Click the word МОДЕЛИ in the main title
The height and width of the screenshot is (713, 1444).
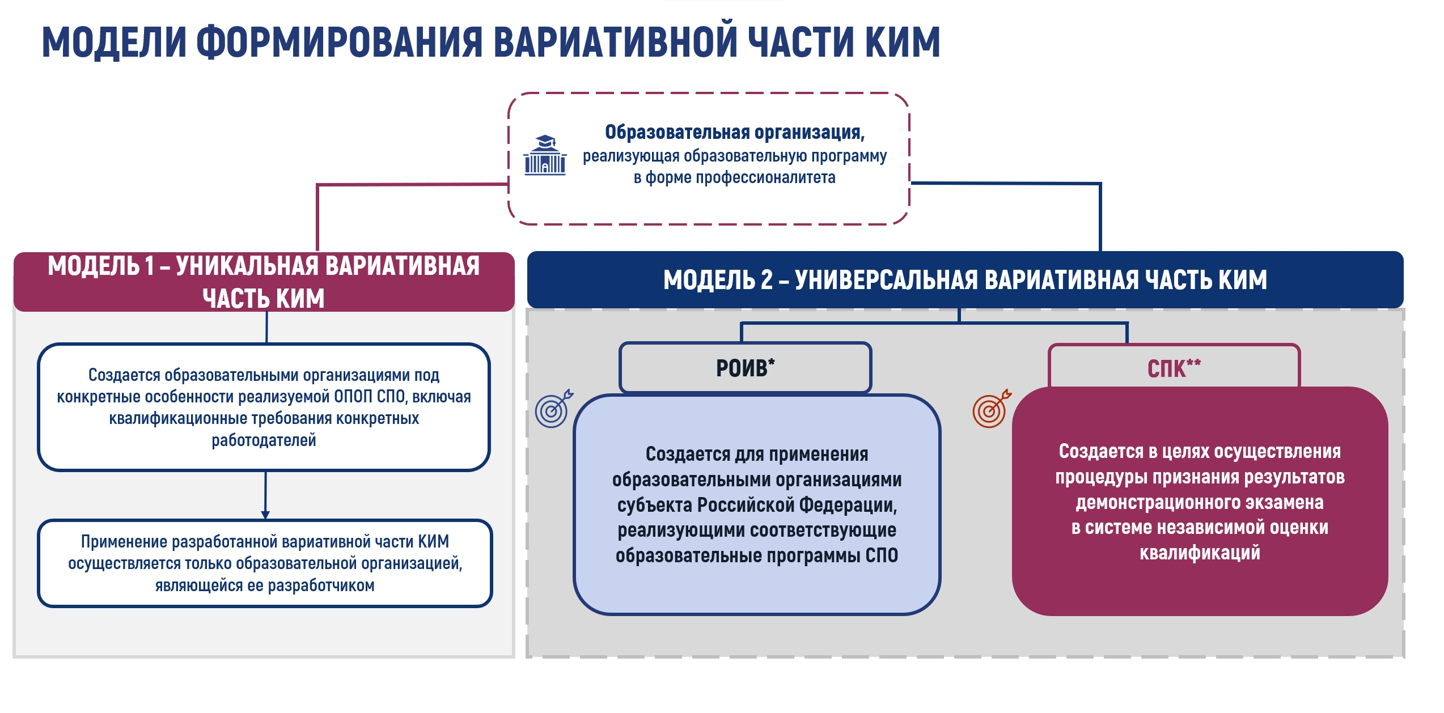tap(114, 43)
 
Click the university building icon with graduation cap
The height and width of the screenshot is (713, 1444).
tap(545, 155)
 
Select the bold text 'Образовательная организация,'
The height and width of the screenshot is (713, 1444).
tap(735, 132)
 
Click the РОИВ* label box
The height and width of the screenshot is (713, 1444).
tap(745, 367)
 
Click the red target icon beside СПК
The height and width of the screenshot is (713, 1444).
tap(992, 408)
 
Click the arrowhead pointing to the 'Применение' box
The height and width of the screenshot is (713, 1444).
tap(265, 515)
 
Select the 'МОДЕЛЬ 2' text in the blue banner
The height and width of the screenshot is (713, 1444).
tap(718, 280)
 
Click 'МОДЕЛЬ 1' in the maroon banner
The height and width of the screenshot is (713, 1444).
tap(101, 266)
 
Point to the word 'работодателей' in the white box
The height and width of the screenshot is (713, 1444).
tap(264, 440)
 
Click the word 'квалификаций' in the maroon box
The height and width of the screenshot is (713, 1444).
tap(1200, 553)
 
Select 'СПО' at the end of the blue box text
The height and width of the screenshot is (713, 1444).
tap(882, 555)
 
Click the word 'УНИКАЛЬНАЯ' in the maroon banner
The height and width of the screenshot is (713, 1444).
tap(247, 266)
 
